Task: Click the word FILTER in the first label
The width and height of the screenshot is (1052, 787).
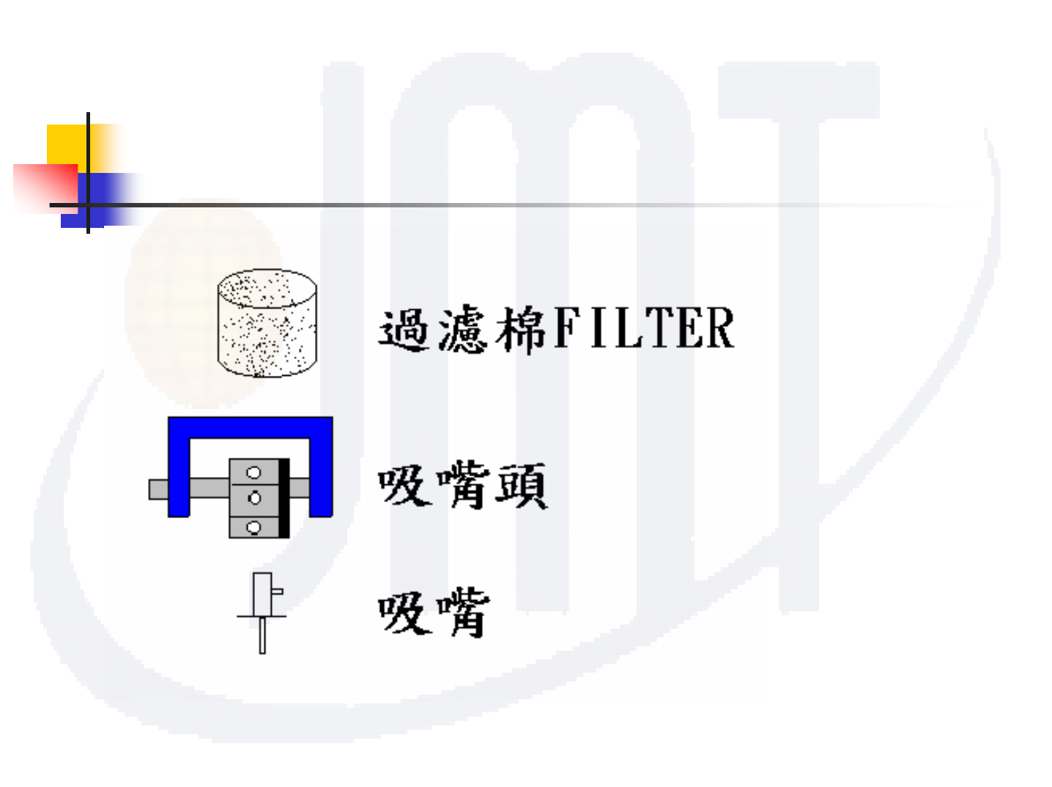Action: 644,328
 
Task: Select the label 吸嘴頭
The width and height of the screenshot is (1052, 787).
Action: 462,485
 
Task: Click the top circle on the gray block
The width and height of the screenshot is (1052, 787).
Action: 254,473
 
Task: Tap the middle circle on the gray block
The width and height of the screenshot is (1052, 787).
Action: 254,498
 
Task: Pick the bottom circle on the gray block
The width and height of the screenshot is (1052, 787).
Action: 254,526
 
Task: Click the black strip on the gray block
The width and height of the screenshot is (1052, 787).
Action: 284,498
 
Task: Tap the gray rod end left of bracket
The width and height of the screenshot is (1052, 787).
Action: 158,489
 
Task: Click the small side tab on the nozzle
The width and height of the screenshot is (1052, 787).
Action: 278,590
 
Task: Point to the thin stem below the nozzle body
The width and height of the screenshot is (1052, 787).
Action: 262,635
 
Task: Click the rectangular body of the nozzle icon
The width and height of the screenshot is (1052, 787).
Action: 262,594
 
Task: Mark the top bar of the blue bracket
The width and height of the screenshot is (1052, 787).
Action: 250,427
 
